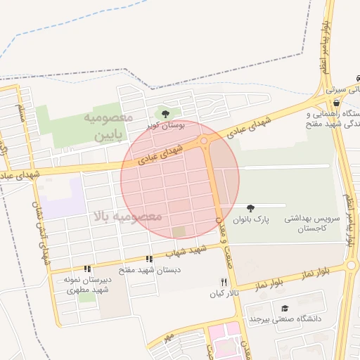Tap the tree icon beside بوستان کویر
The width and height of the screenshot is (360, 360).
point(165,113)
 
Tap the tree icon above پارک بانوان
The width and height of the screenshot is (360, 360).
point(250,207)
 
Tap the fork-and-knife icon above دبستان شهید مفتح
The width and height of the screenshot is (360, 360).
point(148,259)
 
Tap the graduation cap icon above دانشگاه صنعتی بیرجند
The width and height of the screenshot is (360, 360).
point(284,308)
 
